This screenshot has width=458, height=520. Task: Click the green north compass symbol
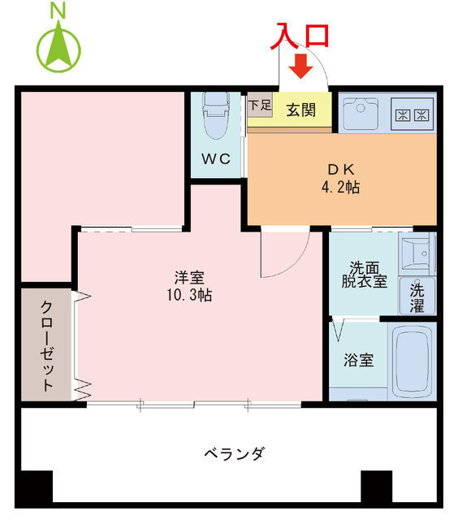[x=58, y=47]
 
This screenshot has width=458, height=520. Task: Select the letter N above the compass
[x=58, y=11]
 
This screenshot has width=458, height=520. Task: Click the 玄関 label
[x=300, y=110]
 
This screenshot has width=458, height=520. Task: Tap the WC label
[x=216, y=158]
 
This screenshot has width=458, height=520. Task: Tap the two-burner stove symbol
[x=412, y=114]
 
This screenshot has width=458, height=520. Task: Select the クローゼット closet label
[x=46, y=345]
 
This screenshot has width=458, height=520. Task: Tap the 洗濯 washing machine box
[x=417, y=297]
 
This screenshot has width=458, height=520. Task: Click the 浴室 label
[x=358, y=358]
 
